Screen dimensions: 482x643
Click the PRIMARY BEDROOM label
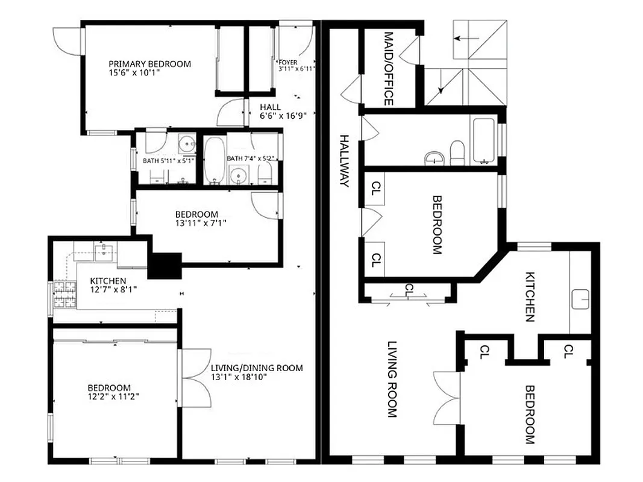(149, 64)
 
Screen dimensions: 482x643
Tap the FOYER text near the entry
(287, 62)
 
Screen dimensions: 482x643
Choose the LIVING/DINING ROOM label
(256, 368)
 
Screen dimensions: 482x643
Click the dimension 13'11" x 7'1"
(196, 223)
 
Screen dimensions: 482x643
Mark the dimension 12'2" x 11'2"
(108, 396)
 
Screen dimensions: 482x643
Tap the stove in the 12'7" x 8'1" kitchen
(63, 295)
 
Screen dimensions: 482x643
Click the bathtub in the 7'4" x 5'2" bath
(214, 160)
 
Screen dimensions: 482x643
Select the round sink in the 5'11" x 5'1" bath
(188, 145)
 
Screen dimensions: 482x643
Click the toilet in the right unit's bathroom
(457, 153)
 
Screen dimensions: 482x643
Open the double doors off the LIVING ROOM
(447, 397)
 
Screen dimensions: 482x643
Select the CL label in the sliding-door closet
(410, 287)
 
